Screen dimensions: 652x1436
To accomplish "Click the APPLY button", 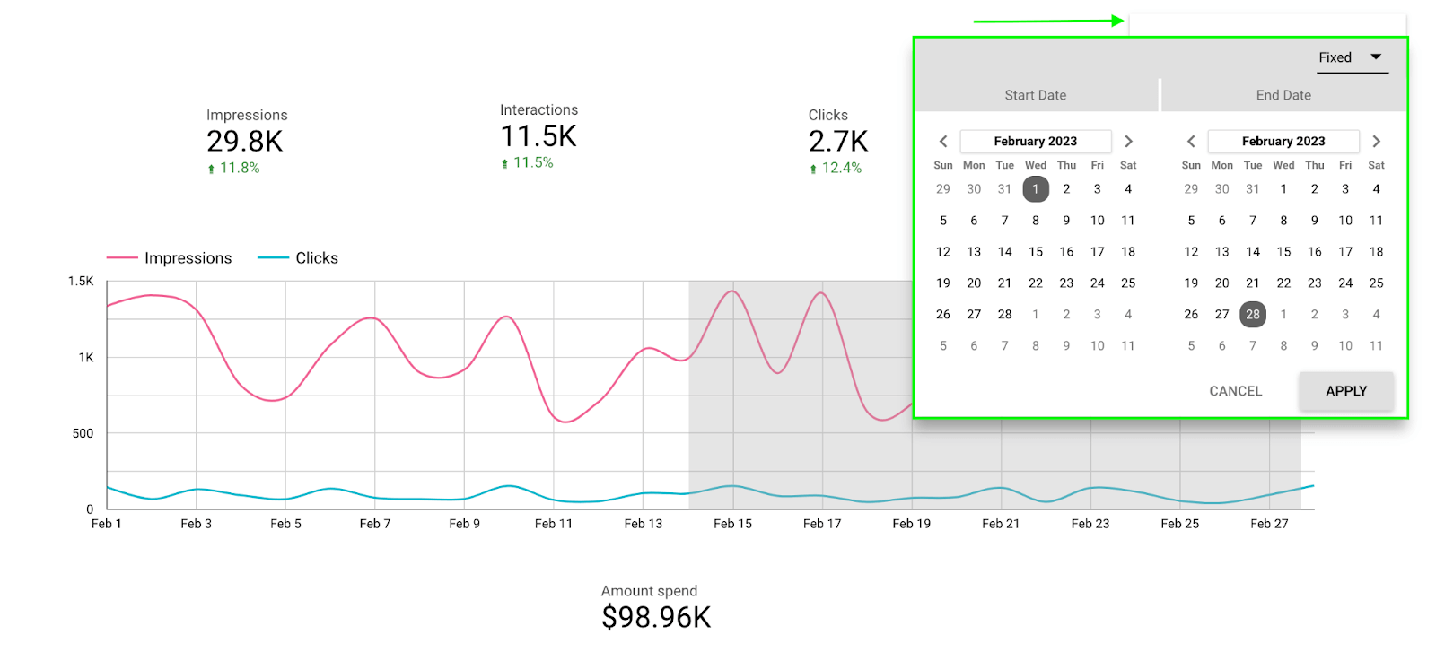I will click(x=1345, y=391).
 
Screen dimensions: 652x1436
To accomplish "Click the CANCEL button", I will click(x=1235, y=391).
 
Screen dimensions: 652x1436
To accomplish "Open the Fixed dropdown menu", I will click(x=1352, y=57).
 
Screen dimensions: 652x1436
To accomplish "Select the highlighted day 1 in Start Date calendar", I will click(x=1035, y=189).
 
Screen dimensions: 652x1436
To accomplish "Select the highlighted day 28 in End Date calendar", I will click(x=1252, y=314).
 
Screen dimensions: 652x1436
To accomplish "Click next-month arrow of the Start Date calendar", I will click(x=1128, y=141).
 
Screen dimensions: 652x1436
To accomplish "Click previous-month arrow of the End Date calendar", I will click(x=1191, y=141).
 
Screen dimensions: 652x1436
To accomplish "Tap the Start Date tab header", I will click(x=1036, y=95).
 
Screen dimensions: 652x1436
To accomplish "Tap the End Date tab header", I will click(x=1283, y=95).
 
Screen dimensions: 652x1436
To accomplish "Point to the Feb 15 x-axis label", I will click(x=732, y=524).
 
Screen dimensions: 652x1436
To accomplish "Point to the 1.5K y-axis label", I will click(x=81, y=281).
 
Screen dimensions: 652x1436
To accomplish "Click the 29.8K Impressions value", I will click(x=244, y=142).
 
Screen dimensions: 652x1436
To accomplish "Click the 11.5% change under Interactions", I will click(x=532, y=162).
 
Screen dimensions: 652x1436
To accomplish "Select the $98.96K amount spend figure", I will click(x=655, y=617).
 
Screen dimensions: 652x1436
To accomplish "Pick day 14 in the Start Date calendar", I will click(x=1004, y=252).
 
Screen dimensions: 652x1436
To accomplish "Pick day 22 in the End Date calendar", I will click(x=1283, y=283).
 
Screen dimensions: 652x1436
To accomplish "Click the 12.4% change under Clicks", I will click(x=841, y=168).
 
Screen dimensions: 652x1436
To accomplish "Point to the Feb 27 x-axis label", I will click(x=1268, y=524).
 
